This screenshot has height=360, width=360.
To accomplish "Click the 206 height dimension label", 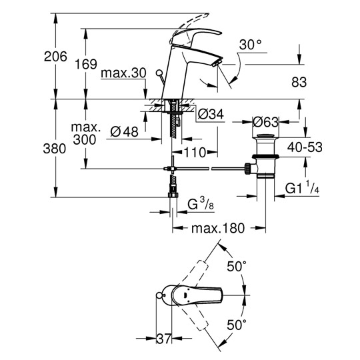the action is [x=55, y=56].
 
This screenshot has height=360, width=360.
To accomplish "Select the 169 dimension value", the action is [x=86, y=64].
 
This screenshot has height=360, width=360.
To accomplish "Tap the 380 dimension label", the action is [x=55, y=148].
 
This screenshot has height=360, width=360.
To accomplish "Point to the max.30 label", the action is [x=123, y=73].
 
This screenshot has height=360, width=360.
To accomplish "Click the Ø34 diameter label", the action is [x=211, y=114].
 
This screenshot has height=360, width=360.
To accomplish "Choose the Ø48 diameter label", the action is [x=124, y=132].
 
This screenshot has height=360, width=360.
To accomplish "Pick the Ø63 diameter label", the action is [x=265, y=122].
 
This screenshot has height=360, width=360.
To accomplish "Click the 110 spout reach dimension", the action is [x=195, y=152].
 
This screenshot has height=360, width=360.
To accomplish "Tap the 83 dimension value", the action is [x=299, y=82].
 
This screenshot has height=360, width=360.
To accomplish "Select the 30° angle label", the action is [x=251, y=45].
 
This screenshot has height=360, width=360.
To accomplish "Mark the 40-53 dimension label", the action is [x=305, y=147].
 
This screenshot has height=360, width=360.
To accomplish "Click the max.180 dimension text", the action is [x=218, y=228].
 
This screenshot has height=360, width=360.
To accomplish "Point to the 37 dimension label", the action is [x=164, y=338].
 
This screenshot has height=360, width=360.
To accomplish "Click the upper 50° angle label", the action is [x=237, y=266].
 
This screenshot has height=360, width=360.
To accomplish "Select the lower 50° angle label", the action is [x=237, y=325].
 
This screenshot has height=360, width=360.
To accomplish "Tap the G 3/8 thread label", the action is [x=201, y=204].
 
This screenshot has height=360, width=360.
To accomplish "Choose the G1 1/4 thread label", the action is [x=302, y=188].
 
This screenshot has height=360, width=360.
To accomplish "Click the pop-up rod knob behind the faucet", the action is [x=159, y=73].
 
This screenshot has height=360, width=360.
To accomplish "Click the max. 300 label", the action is [x=85, y=133].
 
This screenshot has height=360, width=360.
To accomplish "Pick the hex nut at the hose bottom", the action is [x=173, y=195].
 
